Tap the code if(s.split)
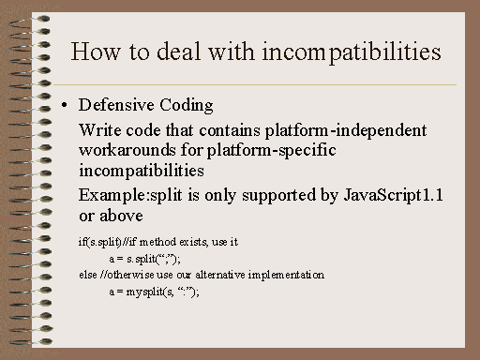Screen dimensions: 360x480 (100, 242)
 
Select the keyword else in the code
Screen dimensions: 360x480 (87, 275)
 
